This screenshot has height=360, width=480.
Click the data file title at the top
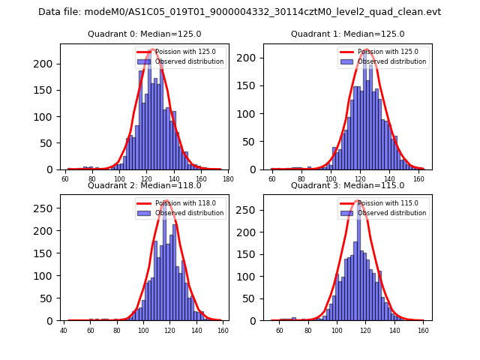pos(239,12)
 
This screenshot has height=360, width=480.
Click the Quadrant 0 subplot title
pos(143,34)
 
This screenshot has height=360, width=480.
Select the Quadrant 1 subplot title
pos(347,34)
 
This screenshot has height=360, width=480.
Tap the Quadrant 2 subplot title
pos(143,186)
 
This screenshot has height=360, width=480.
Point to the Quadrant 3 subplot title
pos(347,186)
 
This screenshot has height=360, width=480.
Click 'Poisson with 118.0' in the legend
pos(181,203)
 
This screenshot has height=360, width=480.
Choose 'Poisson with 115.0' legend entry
pos(383,203)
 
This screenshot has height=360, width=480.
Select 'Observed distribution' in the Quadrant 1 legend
pos(391,61)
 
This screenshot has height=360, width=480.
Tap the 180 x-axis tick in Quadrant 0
pos(227,178)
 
